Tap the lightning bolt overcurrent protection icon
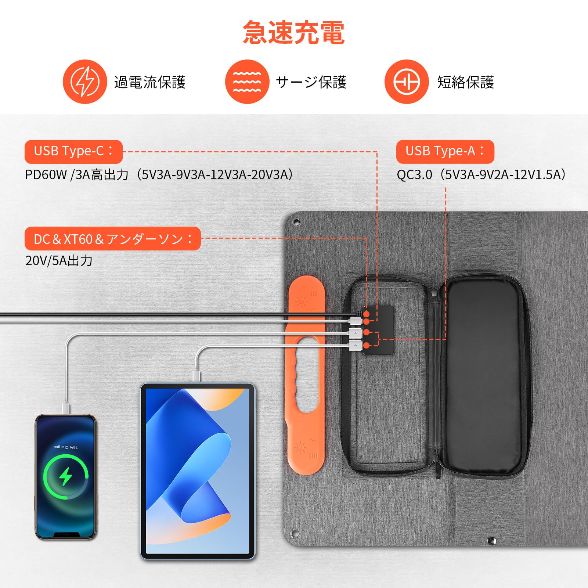click(x=85, y=82)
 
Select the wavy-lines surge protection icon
click(x=247, y=82)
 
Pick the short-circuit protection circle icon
click(x=407, y=82)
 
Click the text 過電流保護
click(x=150, y=82)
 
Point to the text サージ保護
click(x=311, y=82)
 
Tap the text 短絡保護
click(x=465, y=82)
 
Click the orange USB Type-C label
click(x=73, y=151)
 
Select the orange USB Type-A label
click(x=445, y=151)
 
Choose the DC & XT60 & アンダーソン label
click(x=112, y=239)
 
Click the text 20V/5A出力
click(x=59, y=260)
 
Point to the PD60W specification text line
click(x=159, y=174)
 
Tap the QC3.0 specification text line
click(x=481, y=174)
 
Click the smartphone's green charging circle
click(x=66, y=476)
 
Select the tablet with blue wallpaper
click(x=198, y=471)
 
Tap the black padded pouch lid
click(x=483, y=376)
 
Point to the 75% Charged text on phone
click(x=65, y=447)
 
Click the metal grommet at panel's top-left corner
click(x=296, y=222)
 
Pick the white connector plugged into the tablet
click(x=197, y=376)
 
